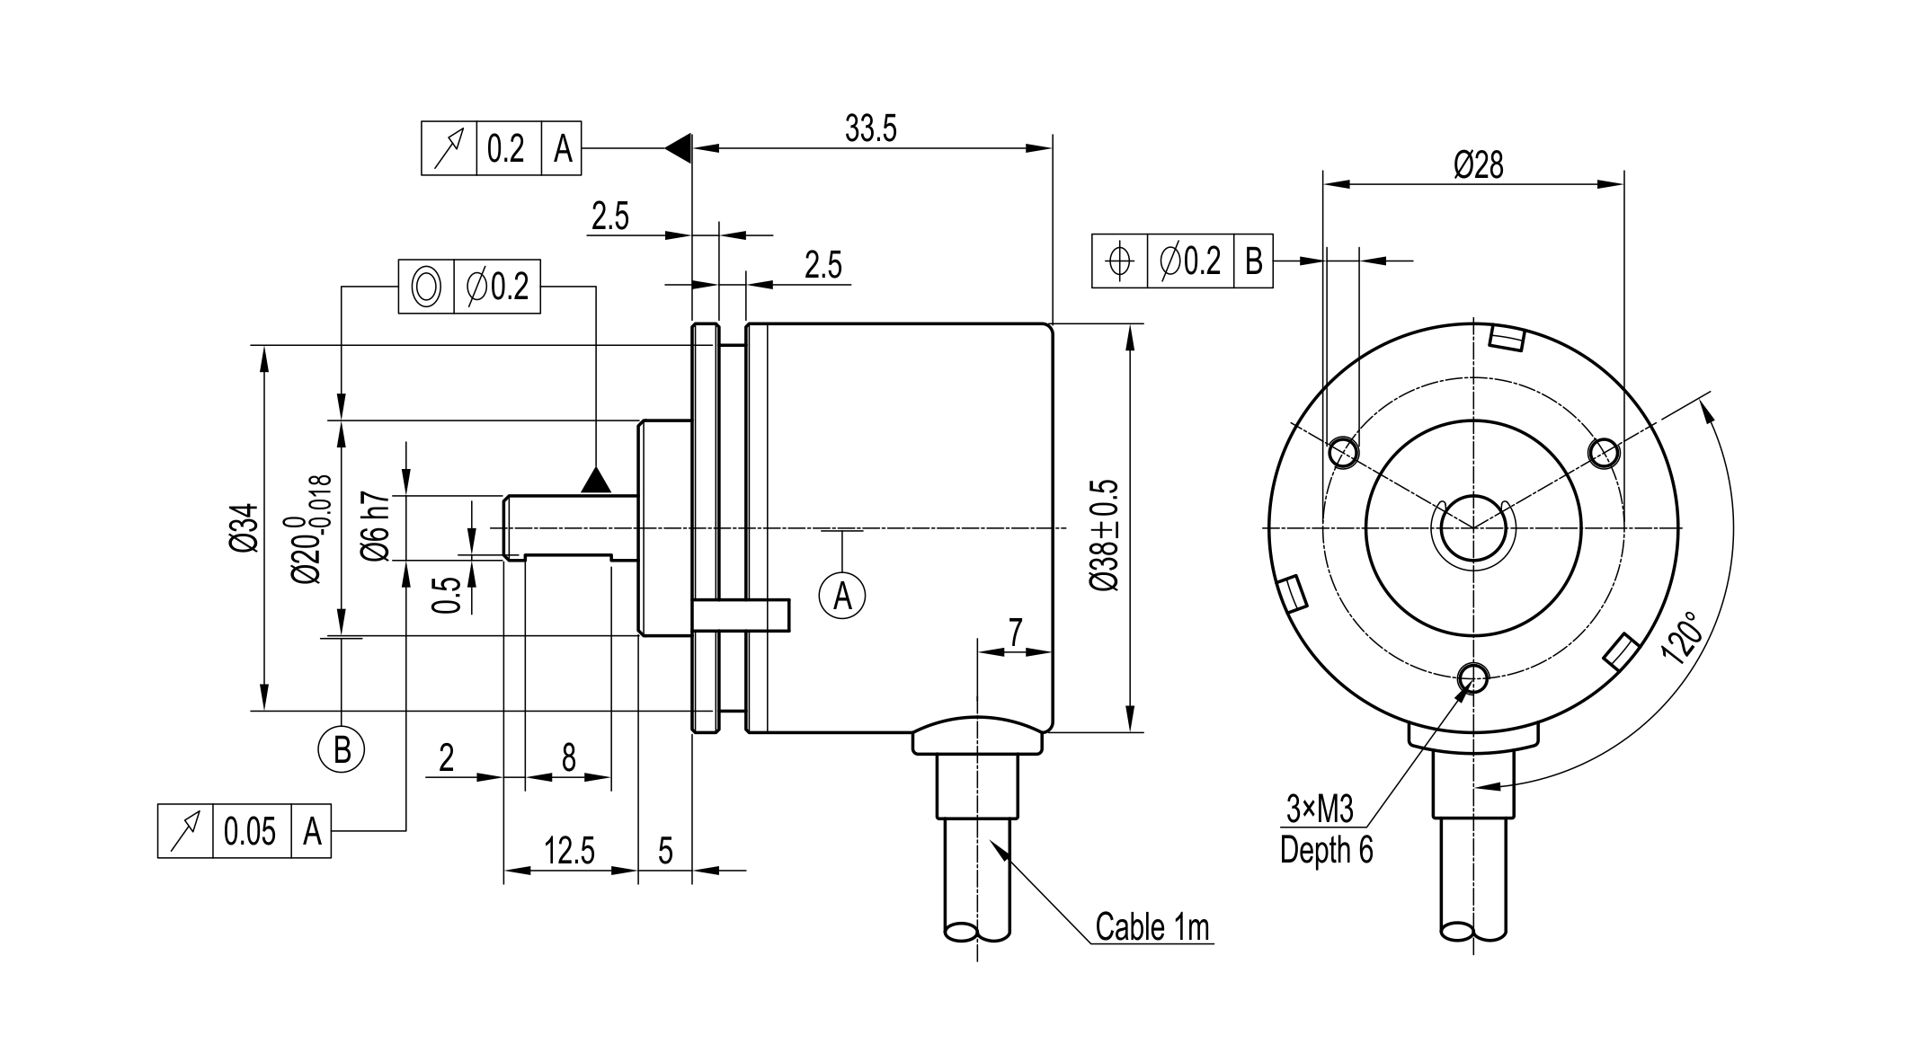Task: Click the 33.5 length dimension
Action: click(x=870, y=130)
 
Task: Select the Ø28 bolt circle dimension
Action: click(x=1478, y=165)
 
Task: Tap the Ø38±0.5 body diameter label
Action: click(x=1105, y=535)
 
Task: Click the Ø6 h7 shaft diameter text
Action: click(x=376, y=527)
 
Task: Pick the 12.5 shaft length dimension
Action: click(x=569, y=851)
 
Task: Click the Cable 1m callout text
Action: click(x=1152, y=927)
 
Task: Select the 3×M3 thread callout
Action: click(x=1319, y=810)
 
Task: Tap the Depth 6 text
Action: click(x=1326, y=849)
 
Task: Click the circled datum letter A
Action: click(x=842, y=595)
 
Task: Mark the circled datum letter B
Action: click(x=342, y=749)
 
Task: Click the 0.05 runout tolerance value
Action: click(x=250, y=831)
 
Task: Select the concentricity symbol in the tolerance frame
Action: click(x=426, y=288)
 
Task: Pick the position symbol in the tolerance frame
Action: click(x=1119, y=261)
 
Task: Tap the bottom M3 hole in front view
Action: click(x=1473, y=677)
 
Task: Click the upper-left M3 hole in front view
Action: click(x=1343, y=451)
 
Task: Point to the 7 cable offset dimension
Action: click(x=1015, y=633)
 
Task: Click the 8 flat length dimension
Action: click(x=568, y=758)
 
